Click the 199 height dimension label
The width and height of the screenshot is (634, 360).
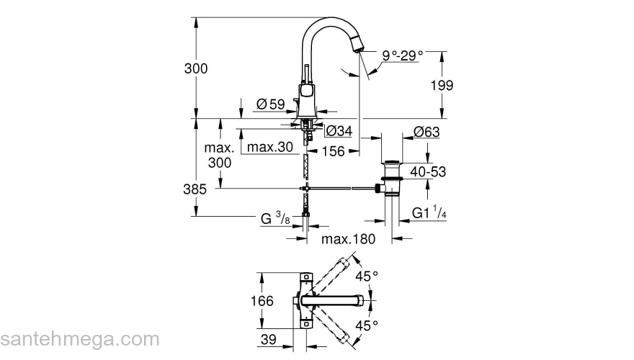[x=442, y=86]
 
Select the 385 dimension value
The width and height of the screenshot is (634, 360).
[x=195, y=189]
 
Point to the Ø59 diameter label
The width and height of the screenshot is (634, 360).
[x=271, y=104]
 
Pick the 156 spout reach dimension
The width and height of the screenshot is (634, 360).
[x=332, y=151]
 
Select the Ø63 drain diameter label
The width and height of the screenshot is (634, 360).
[x=427, y=131]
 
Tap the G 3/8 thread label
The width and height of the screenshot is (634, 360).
[x=276, y=217]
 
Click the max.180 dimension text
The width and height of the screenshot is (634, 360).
[x=349, y=239]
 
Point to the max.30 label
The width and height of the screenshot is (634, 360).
[x=270, y=148]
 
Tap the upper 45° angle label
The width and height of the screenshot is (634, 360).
[x=370, y=275]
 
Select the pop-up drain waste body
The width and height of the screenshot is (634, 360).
[x=390, y=176]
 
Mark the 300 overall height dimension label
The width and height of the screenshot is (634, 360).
[x=196, y=68]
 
